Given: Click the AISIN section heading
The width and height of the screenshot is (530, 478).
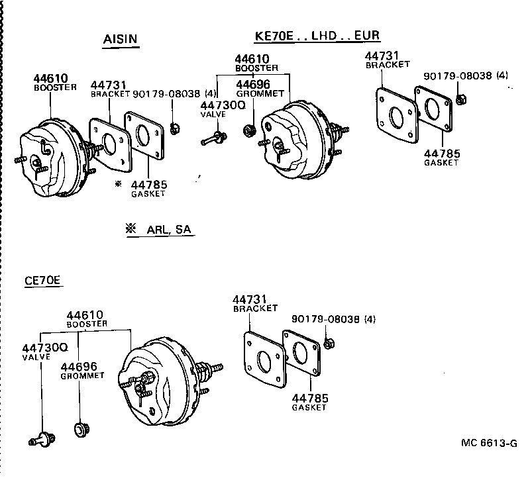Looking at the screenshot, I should pos(120,39).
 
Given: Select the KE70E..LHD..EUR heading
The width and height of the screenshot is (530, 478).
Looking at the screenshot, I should pos(317,36).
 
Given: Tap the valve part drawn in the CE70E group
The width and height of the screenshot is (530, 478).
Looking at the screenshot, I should pos(41,438).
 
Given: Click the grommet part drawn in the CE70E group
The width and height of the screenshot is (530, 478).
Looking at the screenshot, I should pos(81,428).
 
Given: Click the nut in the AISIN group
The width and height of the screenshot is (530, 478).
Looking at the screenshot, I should pos(174,128).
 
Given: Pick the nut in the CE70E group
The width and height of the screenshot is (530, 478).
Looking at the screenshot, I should pos(331,344).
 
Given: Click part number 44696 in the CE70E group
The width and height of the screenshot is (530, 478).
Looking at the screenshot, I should pos(78,366).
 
